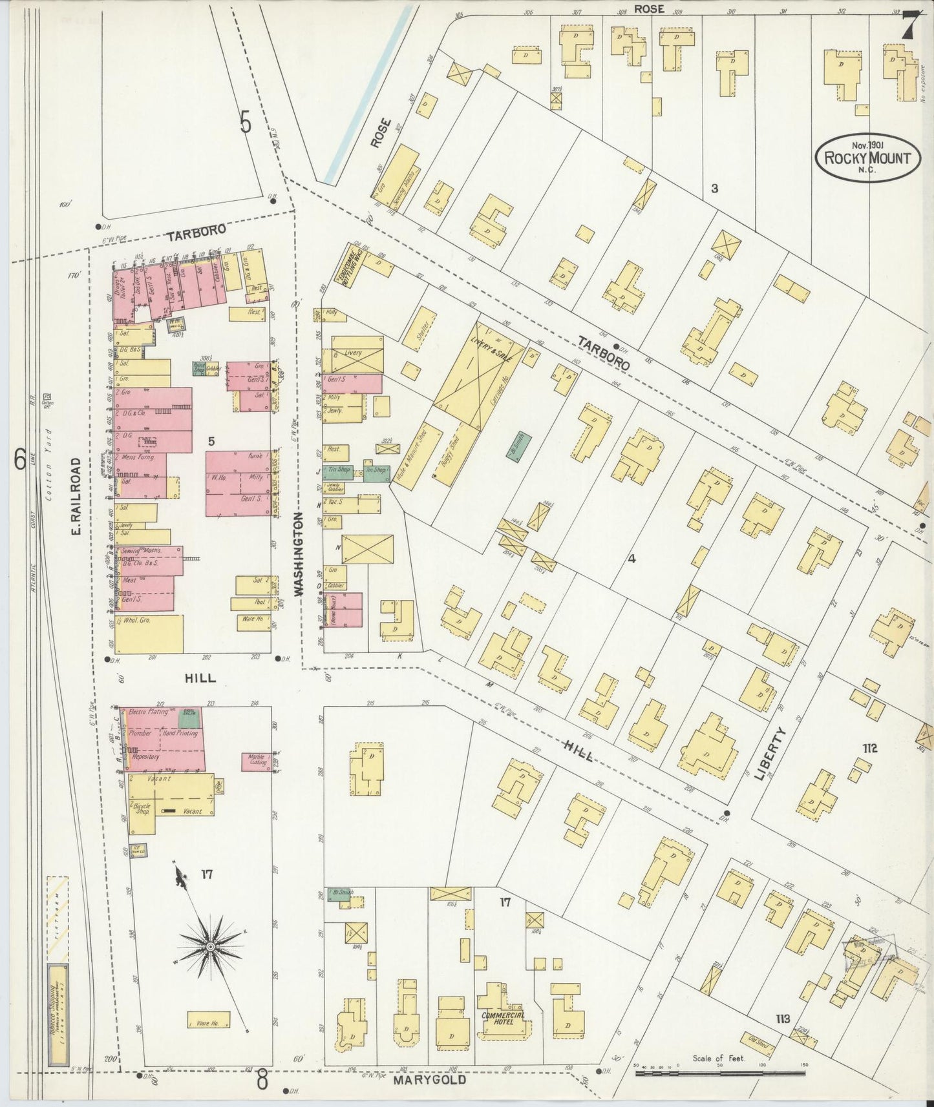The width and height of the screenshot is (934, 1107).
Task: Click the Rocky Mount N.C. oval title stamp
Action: pyautogui.click(x=867, y=157)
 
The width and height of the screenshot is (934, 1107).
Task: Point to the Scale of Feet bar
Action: pyautogui.click(x=721, y=1073)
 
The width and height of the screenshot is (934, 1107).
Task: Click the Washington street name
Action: pyautogui.click(x=299, y=553)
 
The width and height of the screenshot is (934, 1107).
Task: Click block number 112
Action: pyautogui.click(x=869, y=749)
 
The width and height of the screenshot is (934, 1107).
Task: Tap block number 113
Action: pyautogui.click(x=783, y=1019)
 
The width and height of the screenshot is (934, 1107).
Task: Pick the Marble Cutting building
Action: pyautogui.click(x=257, y=760)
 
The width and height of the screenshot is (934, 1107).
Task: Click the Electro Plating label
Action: pyautogui.click(x=149, y=712)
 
